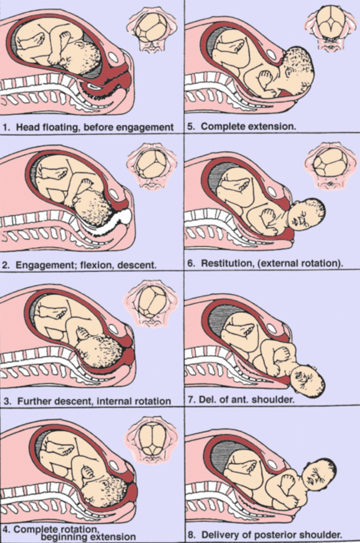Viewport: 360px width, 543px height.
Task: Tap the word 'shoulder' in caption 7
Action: tap(277, 399)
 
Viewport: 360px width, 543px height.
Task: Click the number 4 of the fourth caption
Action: tap(6, 529)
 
